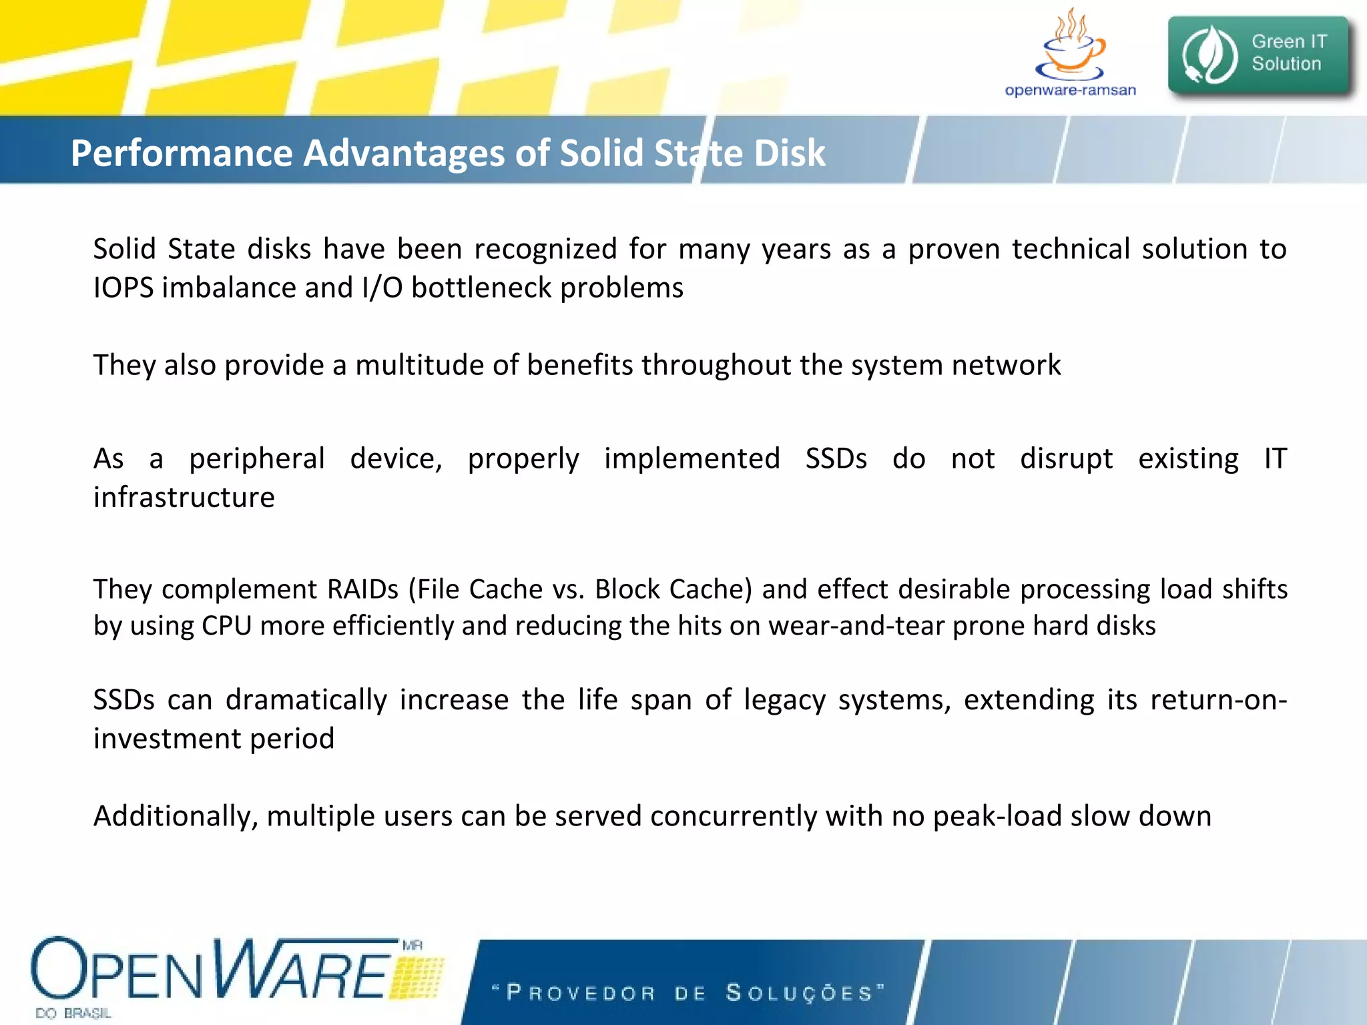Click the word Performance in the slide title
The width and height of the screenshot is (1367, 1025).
(182, 153)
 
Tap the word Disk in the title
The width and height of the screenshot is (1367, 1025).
(790, 153)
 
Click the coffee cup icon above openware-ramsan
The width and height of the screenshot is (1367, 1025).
(1071, 47)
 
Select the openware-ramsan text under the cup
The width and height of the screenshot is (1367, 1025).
(1070, 90)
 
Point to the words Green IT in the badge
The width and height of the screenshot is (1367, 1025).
(1289, 41)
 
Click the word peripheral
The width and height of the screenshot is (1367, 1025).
(257, 458)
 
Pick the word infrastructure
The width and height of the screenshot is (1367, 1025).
(184, 497)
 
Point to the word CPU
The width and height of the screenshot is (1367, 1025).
(226, 626)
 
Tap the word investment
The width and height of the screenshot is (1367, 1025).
(167, 739)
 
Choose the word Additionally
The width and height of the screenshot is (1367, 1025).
(176, 816)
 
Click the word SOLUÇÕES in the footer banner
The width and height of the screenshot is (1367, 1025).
(800, 993)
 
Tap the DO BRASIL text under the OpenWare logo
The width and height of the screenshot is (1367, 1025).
(73, 1014)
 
